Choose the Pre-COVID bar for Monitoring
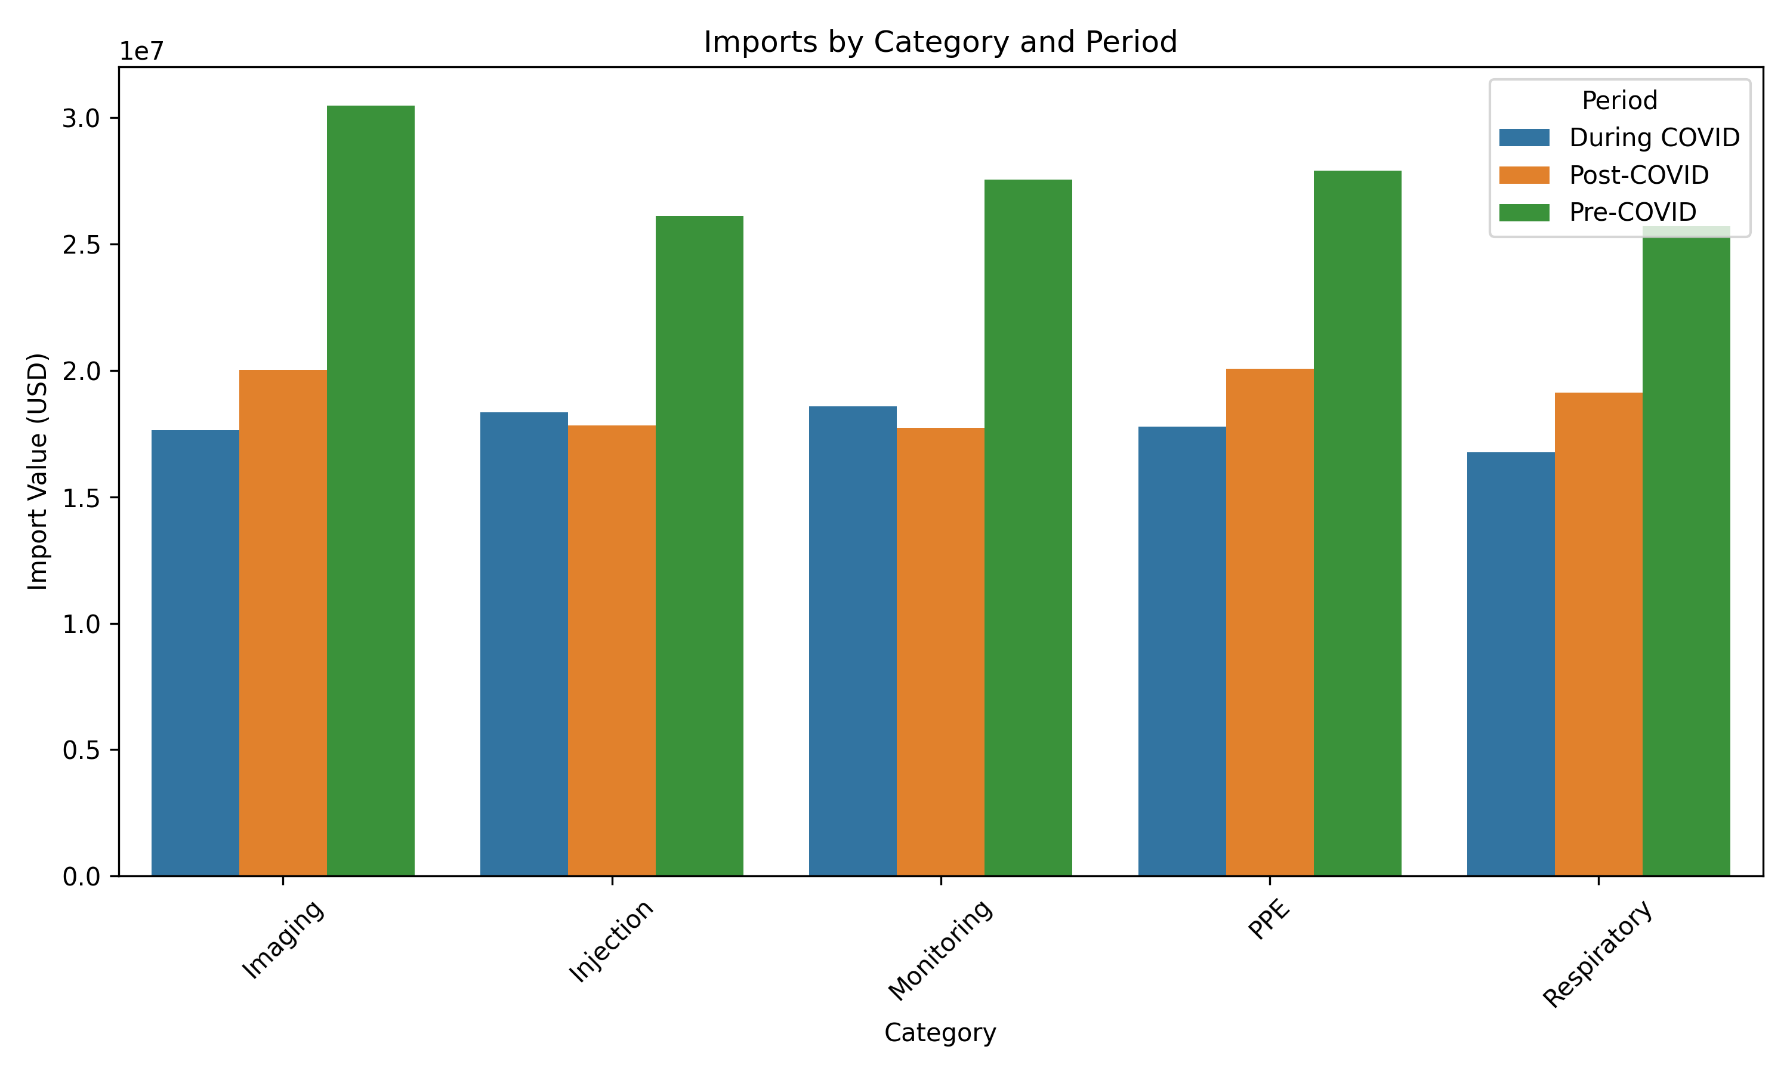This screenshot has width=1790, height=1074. [1028, 527]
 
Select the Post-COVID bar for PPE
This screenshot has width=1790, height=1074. [1270, 622]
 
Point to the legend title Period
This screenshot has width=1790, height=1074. [1619, 101]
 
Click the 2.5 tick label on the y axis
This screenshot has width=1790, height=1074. [82, 245]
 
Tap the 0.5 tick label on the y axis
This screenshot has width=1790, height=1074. [82, 751]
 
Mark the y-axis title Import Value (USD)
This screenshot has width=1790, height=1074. [38, 471]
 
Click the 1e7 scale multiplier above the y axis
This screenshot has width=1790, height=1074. [142, 51]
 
